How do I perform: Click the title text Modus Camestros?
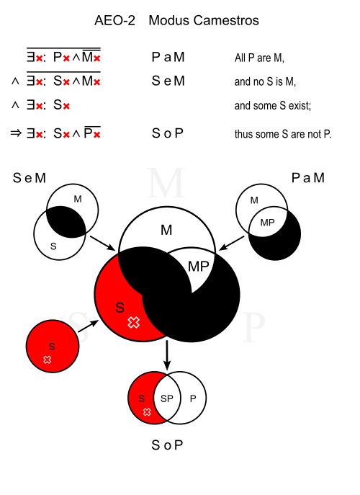coord(204,20)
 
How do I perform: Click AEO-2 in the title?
coord(115,20)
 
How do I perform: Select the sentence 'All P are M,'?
coord(259,58)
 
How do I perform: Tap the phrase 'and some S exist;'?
coord(273,105)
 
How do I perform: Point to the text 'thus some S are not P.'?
coord(283,134)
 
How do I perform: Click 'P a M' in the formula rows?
coord(168,57)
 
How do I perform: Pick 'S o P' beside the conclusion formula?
coord(168,133)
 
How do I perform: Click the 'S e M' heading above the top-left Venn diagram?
coord(30,178)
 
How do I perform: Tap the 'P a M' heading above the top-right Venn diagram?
coord(308,178)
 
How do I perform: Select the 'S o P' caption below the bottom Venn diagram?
coord(167,445)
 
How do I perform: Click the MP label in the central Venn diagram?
coord(199,267)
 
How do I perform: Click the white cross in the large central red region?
coord(134,322)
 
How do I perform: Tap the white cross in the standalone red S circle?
coord(48,360)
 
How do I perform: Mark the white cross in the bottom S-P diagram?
coord(147,412)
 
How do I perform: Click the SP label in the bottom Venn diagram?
coord(167,398)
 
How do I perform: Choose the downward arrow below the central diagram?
coord(167,354)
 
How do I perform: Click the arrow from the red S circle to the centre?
coord(89,326)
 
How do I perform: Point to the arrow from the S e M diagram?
coord(103,243)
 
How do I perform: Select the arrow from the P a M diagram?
coord(231,243)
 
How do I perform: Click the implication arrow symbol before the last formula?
coord(16,133)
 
